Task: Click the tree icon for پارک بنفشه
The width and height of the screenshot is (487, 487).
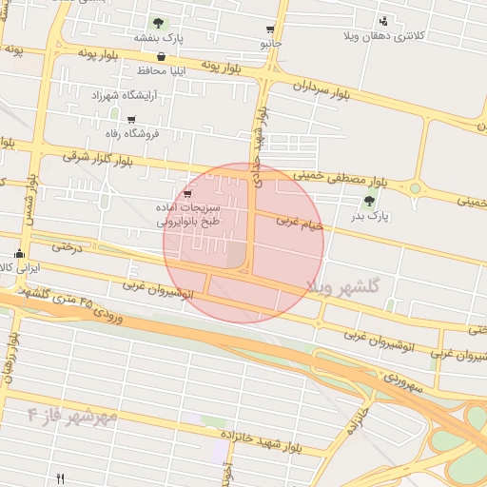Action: (157, 22)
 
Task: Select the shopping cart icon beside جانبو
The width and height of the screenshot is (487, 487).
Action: (271, 29)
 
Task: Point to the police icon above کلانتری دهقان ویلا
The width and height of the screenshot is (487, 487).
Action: (383, 21)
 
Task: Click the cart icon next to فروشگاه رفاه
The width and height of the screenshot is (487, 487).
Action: (131, 120)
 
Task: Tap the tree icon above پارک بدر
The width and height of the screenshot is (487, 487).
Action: (369, 200)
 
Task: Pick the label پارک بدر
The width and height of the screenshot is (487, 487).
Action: (369, 217)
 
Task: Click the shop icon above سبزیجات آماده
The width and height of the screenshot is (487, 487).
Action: (187, 193)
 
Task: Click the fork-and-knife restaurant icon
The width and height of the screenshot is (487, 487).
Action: (61, 478)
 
